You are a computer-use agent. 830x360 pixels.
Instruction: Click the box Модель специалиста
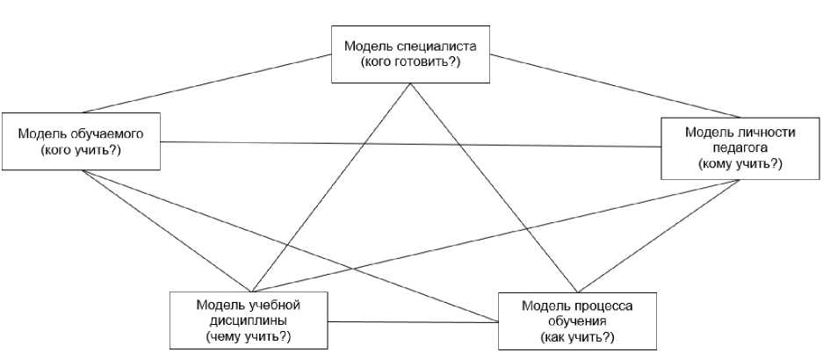click(409, 54)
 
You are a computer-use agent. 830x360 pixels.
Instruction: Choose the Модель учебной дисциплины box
click(248, 320)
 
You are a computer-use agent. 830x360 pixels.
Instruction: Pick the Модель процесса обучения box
click(576, 322)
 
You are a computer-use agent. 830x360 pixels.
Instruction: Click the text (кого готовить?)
click(410, 63)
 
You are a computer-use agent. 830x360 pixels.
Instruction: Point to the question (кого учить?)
click(81, 151)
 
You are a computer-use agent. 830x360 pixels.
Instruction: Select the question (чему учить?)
click(249, 336)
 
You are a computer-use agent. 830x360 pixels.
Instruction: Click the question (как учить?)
click(577, 338)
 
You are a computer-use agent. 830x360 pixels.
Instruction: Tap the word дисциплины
click(248, 321)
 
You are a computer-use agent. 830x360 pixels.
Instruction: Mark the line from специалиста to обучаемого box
click(246, 84)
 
